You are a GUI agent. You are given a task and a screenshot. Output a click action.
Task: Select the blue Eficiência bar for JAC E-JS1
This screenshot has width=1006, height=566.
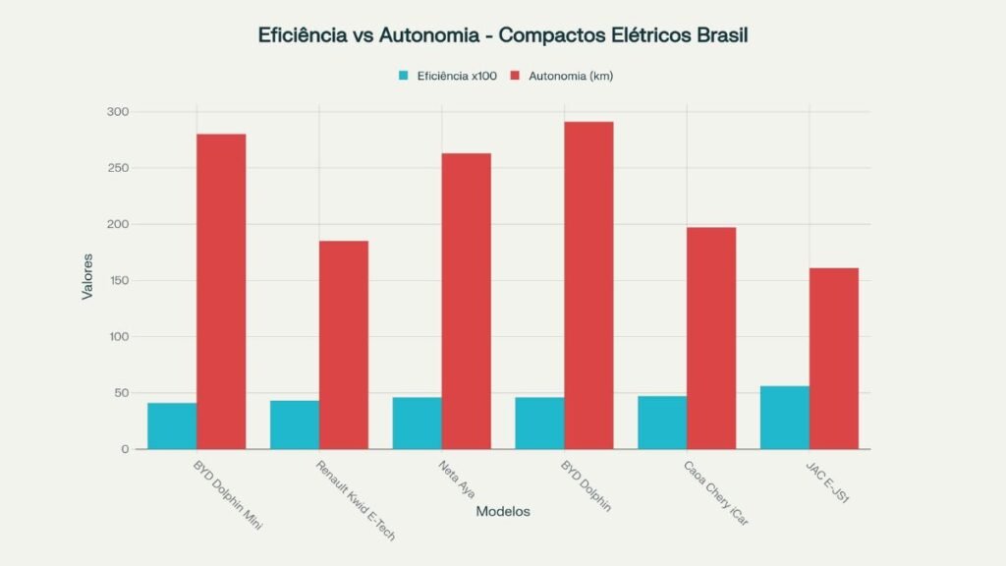click(x=784, y=418)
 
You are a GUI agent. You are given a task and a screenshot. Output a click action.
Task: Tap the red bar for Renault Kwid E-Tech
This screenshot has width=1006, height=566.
click(x=343, y=345)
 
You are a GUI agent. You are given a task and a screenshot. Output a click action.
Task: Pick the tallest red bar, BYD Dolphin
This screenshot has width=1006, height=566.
click(x=588, y=285)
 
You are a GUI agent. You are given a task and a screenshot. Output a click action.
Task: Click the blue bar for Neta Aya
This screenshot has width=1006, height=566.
click(x=417, y=423)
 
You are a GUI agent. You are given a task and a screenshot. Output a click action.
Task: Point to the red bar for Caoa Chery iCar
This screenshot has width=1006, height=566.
click(x=711, y=338)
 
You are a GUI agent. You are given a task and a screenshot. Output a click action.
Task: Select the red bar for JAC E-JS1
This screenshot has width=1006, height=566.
click(x=833, y=359)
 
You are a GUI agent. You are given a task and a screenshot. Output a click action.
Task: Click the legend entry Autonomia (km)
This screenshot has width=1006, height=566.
click(x=570, y=76)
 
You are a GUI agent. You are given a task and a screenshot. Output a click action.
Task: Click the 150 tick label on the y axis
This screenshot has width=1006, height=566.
click(x=118, y=280)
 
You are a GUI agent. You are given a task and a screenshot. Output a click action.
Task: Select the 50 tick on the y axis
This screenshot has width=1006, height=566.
click(x=121, y=393)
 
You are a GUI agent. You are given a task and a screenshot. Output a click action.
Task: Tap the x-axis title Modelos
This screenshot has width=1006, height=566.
click(x=503, y=512)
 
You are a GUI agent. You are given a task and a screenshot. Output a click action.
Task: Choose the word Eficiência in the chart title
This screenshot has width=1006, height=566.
click(x=298, y=35)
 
